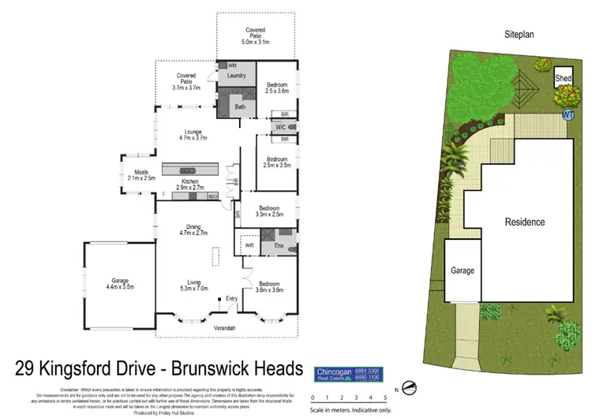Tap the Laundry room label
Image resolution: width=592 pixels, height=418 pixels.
(x=238, y=76)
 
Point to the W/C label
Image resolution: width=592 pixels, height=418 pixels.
(x=280, y=126)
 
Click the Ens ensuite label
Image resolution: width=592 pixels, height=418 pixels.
(x=279, y=247)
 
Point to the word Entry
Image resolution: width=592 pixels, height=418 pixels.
(x=231, y=298)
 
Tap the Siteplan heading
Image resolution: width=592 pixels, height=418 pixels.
(x=521, y=35)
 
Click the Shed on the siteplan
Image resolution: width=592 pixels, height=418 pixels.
(x=562, y=79)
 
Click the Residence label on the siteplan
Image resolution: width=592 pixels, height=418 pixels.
(x=525, y=222)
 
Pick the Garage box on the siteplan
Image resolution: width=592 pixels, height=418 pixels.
(x=463, y=271)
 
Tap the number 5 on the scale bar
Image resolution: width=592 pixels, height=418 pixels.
(x=384, y=397)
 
